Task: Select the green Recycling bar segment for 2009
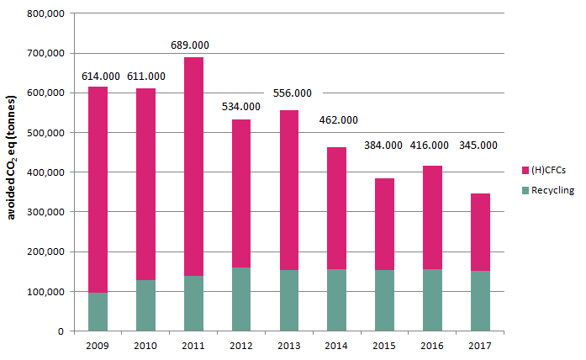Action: [98, 311]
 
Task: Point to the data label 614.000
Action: [99, 76]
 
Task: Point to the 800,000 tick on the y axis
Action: [46, 13]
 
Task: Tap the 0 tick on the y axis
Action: [61, 331]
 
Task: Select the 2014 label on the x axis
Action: [336, 346]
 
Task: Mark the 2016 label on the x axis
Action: [432, 346]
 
